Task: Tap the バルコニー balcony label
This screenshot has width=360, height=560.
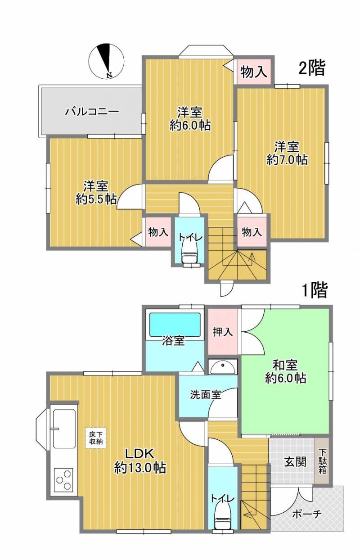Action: click(x=92, y=111)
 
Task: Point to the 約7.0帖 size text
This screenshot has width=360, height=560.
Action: click(x=287, y=159)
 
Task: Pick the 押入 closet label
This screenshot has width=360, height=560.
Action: click(x=223, y=332)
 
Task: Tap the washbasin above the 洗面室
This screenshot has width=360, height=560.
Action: click(x=222, y=368)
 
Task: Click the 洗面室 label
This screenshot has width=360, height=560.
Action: click(x=205, y=395)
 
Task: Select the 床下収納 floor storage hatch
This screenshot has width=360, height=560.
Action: click(x=95, y=438)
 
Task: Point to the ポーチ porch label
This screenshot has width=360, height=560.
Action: click(x=306, y=514)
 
